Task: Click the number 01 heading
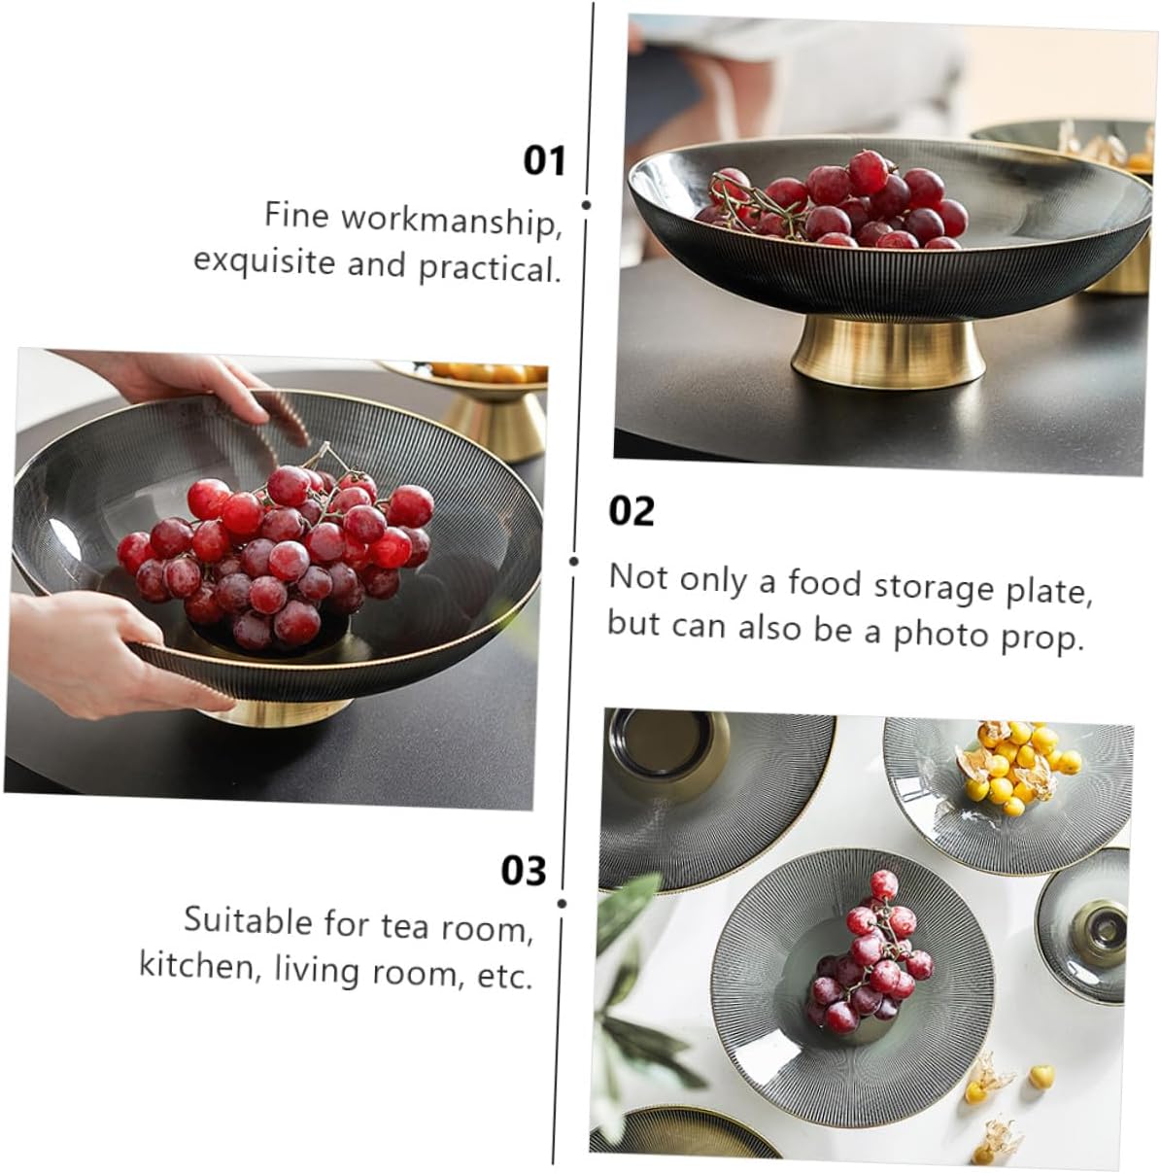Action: (544, 160)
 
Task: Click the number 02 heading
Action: (632, 511)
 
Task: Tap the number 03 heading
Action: (524, 872)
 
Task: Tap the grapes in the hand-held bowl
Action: (277, 554)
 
